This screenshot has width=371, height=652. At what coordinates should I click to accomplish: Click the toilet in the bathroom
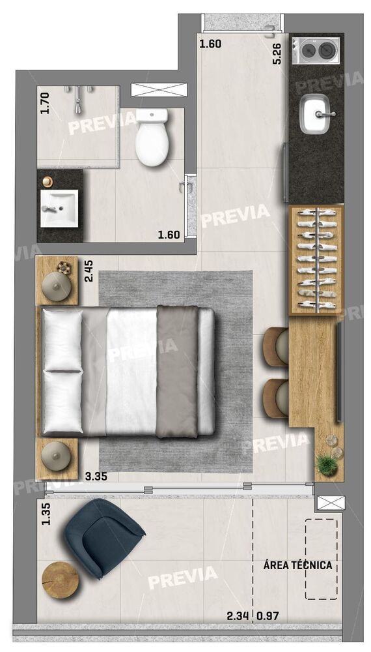click(x=152, y=137)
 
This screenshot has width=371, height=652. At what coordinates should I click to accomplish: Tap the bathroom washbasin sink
click(x=59, y=209)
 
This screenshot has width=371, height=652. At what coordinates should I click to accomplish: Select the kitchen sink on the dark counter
click(x=319, y=114)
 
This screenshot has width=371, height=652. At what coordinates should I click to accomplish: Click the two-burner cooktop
click(x=316, y=50)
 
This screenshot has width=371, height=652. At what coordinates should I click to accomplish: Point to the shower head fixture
click(x=79, y=99)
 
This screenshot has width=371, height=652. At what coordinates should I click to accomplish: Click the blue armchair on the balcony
click(x=102, y=537)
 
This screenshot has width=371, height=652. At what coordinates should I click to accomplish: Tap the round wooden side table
click(x=61, y=580)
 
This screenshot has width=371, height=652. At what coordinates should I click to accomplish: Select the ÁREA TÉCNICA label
click(x=298, y=565)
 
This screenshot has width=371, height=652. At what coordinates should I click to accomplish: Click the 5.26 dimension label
click(x=277, y=53)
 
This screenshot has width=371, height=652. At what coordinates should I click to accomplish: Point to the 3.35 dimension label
click(x=96, y=477)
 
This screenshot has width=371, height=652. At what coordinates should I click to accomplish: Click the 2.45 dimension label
click(x=89, y=271)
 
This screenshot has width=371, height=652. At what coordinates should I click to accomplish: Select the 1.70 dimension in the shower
click(x=44, y=103)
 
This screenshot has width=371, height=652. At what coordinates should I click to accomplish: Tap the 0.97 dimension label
click(x=268, y=616)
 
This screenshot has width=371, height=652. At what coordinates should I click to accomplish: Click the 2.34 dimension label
click(x=238, y=616)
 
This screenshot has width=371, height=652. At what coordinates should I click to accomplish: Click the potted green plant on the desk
click(x=326, y=464)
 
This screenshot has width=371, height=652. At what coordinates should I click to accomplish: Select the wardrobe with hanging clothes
click(x=316, y=260)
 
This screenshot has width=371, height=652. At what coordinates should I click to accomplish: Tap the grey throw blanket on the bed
click(x=177, y=372)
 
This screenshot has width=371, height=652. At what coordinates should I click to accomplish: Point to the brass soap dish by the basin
click(x=48, y=181)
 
